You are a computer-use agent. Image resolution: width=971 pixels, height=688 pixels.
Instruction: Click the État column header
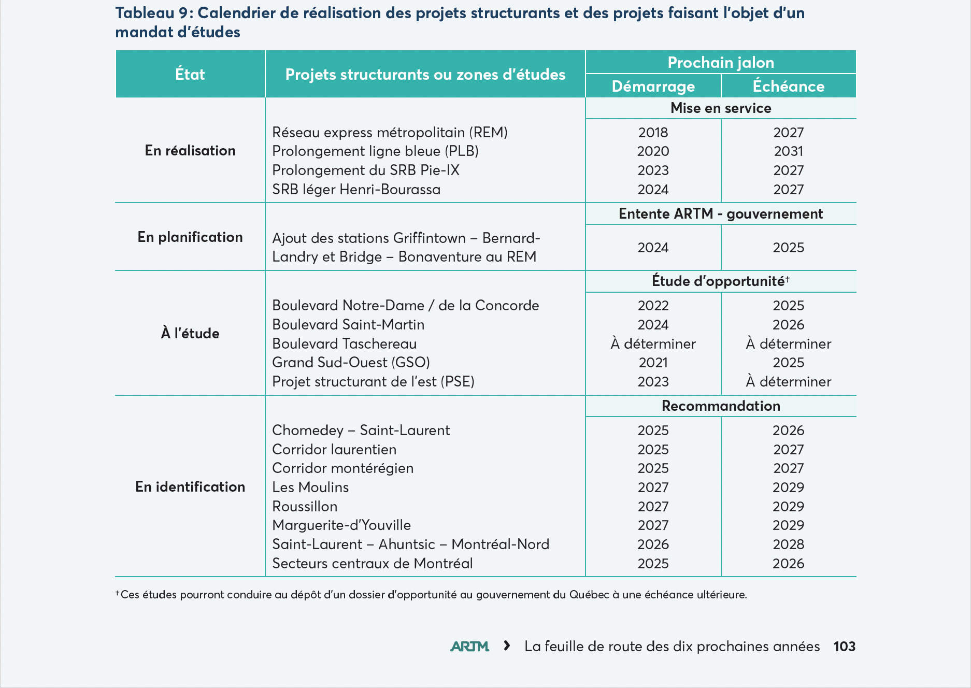[x=190, y=74]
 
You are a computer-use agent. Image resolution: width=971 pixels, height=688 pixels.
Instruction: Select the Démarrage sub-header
[x=653, y=86]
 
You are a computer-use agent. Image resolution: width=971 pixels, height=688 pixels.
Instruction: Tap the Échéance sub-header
[x=788, y=85]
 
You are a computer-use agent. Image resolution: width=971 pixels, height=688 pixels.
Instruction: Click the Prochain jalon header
[x=721, y=62]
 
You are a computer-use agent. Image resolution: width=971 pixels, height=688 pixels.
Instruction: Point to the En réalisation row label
[x=190, y=150]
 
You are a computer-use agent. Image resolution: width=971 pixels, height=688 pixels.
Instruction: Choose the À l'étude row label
[x=190, y=333]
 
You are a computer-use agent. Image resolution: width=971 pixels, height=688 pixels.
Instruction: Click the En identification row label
[x=190, y=486]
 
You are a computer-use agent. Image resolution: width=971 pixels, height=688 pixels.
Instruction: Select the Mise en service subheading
[x=721, y=108]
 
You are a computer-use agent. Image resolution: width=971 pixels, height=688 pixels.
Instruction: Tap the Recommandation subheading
[x=721, y=406]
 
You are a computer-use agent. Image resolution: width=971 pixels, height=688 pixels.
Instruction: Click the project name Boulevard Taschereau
[x=345, y=343]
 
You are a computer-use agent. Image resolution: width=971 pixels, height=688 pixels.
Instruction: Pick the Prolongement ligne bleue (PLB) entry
[x=376, y=151]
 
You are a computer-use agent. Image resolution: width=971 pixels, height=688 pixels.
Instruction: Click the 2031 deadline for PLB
[x=788, y=151]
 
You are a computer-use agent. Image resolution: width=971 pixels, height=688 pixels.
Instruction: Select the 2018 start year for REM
[x=653, y=132]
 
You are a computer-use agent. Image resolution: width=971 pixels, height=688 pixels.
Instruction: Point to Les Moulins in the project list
[x=310, y=487]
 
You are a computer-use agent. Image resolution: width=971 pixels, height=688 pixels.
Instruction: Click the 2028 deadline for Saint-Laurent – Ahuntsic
[x=788, y=544]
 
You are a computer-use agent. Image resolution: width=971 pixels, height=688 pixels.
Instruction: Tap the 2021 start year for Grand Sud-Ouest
[x=653, y=362]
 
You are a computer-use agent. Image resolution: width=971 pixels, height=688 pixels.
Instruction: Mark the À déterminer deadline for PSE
[x=788, y=381]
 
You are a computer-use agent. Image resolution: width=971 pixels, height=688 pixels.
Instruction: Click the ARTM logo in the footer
[x=469, y=646]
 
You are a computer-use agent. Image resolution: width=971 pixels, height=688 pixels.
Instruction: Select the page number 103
[x=844, y=646]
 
